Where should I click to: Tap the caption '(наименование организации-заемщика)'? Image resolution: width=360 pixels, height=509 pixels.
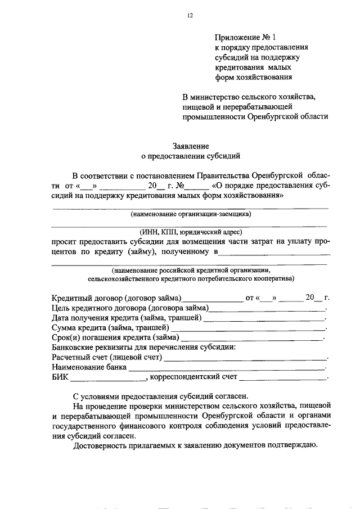click(x=190, y=214)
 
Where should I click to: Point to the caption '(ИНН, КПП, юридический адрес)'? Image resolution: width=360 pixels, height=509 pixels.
click(x=190, y=232)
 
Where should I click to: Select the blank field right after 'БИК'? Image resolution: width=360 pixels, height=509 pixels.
click(x=107, y=377)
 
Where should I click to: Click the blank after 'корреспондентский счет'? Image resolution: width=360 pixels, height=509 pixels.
click(x=283, y=377)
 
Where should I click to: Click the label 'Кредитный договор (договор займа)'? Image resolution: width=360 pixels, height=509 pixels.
click(x=116, y=298)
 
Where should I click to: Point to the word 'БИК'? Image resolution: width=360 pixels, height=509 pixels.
click(x=60, y=377)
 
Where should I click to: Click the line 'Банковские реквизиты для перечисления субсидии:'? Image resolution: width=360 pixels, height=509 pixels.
click(x=144, y=347)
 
